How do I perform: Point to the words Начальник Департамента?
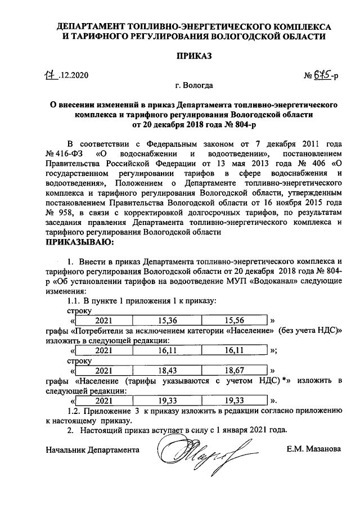click(92, 450)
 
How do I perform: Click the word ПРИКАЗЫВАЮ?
click(80, 242)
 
